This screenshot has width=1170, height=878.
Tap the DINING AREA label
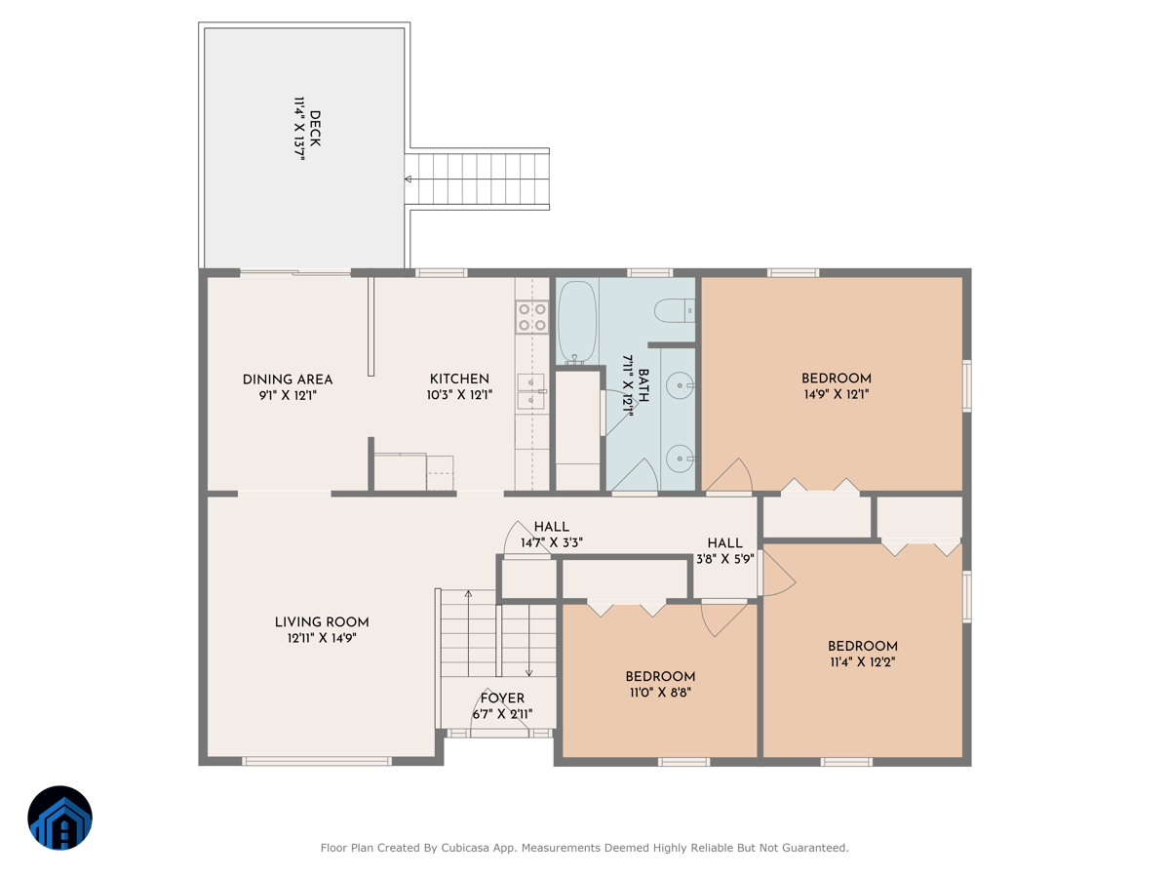coord(288,379)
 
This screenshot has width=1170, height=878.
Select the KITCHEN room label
coord(459,379)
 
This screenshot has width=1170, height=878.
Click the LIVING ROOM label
coord(322,622)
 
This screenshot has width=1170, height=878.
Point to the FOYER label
coord(502,698)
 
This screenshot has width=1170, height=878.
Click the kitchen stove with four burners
coord(531,317)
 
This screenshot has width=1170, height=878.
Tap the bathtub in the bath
coord(576,322)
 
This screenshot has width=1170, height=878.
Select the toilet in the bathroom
coord(675,311)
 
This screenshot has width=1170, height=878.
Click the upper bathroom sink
coord(680,386)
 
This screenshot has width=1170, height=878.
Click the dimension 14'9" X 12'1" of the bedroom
coord(836,395)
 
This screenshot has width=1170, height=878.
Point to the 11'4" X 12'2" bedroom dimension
coord(862,661)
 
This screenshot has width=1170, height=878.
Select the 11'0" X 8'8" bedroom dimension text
coord(660,693)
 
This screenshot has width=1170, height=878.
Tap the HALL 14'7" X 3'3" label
coord(551,535)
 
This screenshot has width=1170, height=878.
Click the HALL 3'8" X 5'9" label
coord(724,550)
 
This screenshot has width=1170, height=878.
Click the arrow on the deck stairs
coord(409,180)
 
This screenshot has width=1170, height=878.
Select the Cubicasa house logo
coord(60,818)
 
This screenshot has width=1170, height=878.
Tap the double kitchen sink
coord(530,390)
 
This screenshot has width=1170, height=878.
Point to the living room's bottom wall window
coord(316,761)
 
